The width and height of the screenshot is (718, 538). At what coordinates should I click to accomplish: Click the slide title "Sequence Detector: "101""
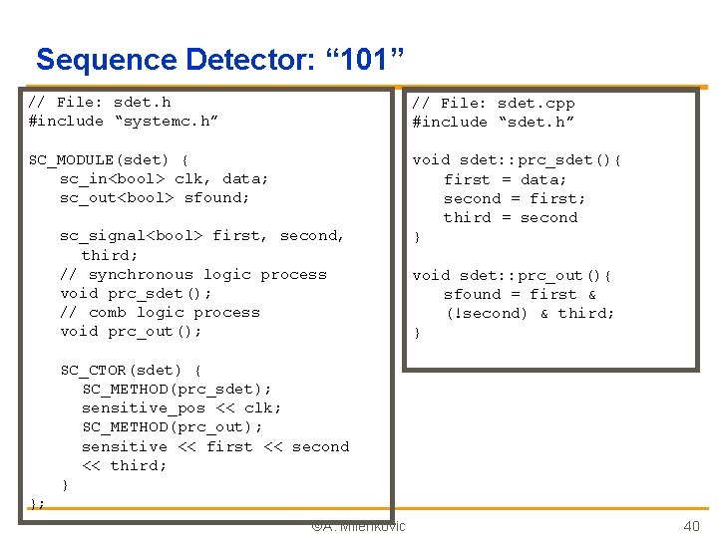coord(219,60)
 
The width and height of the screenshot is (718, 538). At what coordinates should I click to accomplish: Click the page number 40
coord(691,526)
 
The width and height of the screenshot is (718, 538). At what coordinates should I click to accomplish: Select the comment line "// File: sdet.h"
coord(100,102)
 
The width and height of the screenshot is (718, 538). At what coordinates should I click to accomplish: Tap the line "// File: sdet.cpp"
coord(494,103)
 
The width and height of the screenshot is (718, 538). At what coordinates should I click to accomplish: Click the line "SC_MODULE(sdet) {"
coord(109,159)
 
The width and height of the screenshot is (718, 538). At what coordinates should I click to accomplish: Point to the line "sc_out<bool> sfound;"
coord(155,197)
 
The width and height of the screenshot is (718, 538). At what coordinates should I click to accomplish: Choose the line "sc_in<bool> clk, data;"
coord(164,178)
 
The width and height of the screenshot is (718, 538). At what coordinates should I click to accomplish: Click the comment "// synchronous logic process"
coord(193,274)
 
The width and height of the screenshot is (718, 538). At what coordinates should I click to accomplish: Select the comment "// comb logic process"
coord(160,312)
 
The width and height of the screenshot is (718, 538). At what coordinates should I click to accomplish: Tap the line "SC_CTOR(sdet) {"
coord(131,370)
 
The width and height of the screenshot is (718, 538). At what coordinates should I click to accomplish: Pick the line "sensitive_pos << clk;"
coord(181,407)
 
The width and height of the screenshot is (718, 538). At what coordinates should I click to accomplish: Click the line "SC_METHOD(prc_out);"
coord(173,426)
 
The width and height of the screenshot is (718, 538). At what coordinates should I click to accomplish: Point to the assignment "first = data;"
coord(505,179)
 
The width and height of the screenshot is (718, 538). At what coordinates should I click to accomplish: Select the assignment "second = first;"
coord(515,198)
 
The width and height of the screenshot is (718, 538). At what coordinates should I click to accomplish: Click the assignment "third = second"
coord(511,217)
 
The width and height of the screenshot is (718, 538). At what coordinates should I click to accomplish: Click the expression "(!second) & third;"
coord(530,313)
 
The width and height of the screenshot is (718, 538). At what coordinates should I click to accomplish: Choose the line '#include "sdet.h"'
coord(494,122)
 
